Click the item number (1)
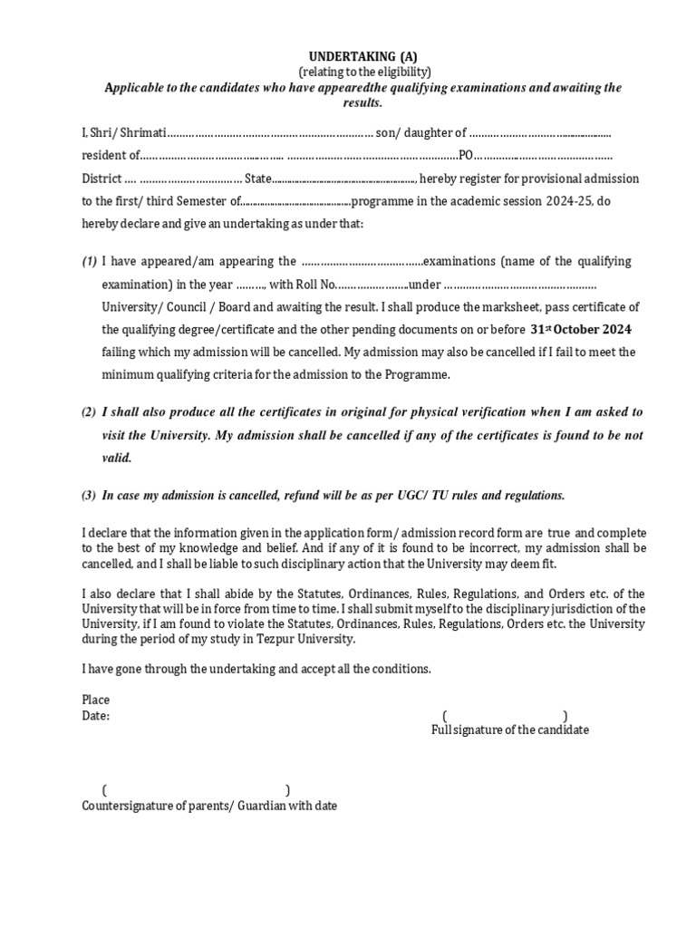[89, 262]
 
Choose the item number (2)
[89, 412]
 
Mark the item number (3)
[89, 496]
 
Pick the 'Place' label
[95, 700]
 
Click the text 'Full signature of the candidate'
[510, 730]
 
